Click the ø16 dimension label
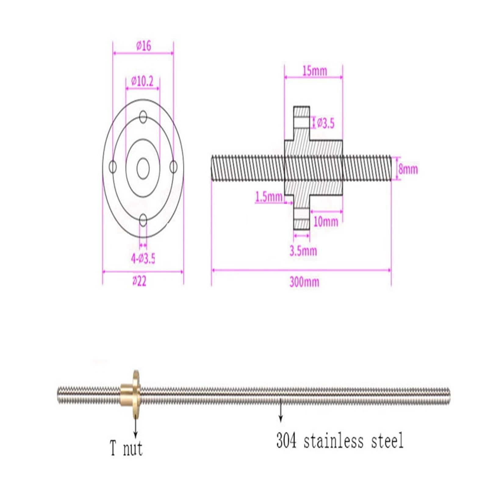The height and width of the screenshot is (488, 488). pos(143,46)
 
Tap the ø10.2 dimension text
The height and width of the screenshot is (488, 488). pos(142,81)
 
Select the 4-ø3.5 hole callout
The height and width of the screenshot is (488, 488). pos(143,259)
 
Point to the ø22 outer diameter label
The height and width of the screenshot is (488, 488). pos(139,281)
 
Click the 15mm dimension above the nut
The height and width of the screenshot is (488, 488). pos(314,71)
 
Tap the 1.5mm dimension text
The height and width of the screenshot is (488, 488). pos(269,197)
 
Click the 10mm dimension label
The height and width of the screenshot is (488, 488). pos(326,222)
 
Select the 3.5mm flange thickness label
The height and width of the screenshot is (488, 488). pos(303,251)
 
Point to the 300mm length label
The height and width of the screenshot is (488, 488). pos(304,282)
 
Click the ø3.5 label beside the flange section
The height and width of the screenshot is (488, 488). pos(325,123)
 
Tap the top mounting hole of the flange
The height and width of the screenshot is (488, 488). pos(143,117)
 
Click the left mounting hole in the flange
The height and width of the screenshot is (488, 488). pos(113,167)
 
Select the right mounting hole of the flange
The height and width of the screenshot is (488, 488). pos(174,167)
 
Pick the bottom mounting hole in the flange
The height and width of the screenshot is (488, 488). pos(143,220)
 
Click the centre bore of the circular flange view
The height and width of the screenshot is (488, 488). pos(143,168)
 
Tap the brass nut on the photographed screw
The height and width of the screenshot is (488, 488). pos(130,396)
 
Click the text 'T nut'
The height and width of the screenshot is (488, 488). pos(126,449)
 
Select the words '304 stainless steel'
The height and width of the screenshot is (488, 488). pos(340,441)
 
